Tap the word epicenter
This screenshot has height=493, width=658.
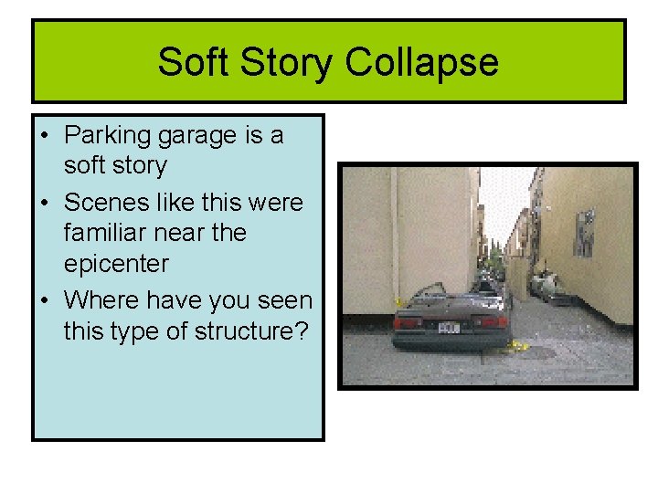click(x=117, y=265)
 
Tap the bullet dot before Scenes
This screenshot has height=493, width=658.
click(x=45, y=202)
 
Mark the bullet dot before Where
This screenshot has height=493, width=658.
click(x=45, y=299)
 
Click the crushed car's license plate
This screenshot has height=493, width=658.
click(x=450, y=326)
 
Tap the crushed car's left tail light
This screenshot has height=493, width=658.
click(x=408, y=322)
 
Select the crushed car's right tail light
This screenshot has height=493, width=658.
click(x=493, y=321)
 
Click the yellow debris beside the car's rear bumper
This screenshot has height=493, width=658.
click(x=520, y=345)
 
